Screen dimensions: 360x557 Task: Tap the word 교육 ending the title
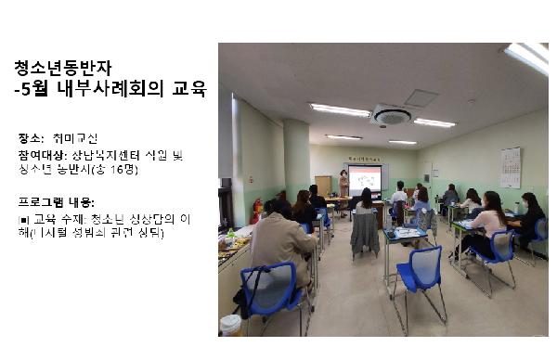point(188,91)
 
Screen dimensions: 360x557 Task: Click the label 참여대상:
point(40,154)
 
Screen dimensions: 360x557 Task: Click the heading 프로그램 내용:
point(57,201)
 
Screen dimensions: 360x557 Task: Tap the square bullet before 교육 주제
point(22,220)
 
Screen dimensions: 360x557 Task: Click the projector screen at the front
point(366,179)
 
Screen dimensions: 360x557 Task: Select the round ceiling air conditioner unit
point(391,116)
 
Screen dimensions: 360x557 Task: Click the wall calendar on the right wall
point(511,167)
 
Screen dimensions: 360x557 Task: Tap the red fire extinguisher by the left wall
point(257,210)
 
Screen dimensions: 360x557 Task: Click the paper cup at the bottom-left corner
point(230,325)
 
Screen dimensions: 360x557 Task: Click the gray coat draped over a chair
point(365,233)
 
